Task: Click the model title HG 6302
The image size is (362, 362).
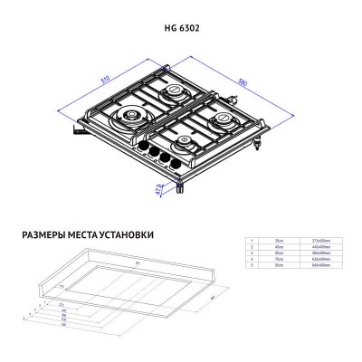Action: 180,29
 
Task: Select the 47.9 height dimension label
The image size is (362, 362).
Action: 159,188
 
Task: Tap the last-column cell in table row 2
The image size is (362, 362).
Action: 325,246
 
